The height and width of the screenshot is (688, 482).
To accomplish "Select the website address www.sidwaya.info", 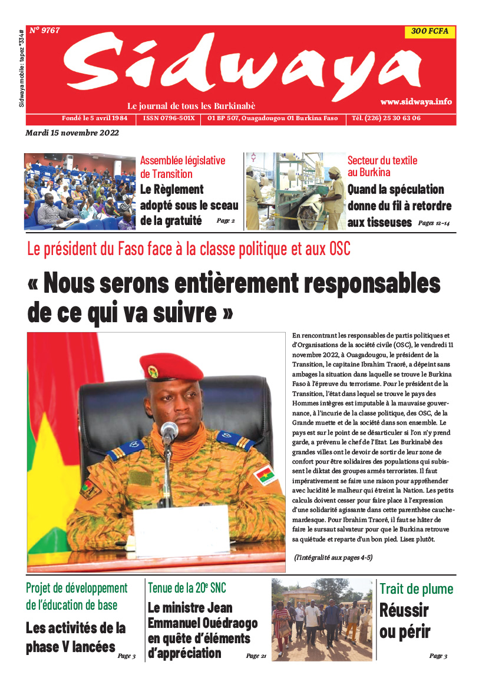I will point(416,101).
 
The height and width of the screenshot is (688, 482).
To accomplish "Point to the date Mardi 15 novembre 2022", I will point(72,133).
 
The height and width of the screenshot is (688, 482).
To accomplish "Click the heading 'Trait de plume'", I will point(416,588).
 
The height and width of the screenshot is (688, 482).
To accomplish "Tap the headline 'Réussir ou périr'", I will point(404,621).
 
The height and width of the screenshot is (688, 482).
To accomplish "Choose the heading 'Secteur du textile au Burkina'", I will point(382,166).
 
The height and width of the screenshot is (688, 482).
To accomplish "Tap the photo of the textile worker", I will point(295,191).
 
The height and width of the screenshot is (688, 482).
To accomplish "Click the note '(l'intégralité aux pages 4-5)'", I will point(333,557).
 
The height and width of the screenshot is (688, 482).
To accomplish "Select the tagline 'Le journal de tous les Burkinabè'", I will point(192,106).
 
